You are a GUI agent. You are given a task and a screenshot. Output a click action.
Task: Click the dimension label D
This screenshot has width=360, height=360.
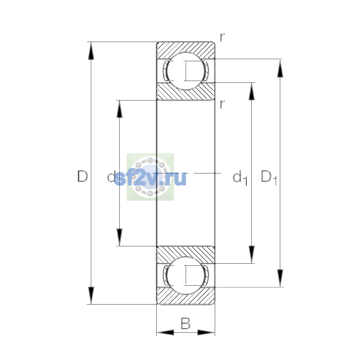click(82, 176)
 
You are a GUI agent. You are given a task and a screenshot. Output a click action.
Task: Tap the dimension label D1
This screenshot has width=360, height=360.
click(269, 178)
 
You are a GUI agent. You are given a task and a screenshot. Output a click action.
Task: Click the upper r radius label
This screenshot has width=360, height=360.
click(222, 37)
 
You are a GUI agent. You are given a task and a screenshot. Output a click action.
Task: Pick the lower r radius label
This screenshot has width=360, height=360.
click(222, 104)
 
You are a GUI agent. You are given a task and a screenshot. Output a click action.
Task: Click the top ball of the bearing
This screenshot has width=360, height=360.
click(186, 71)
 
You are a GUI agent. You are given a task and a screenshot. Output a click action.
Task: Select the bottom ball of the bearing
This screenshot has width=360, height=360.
click(186, 275)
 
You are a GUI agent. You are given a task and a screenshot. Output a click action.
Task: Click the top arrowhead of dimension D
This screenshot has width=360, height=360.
click(91, 51)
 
